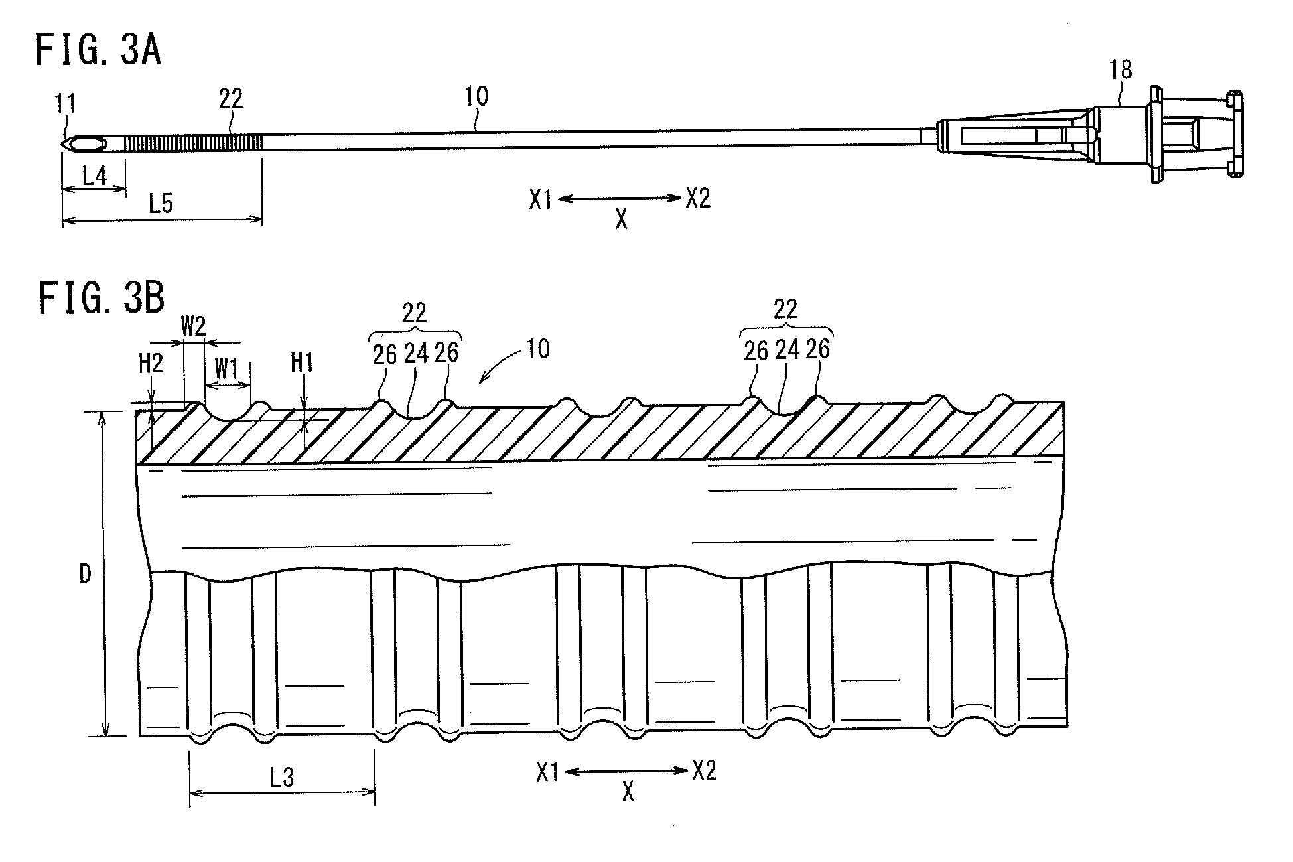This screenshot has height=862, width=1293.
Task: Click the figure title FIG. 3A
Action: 98,51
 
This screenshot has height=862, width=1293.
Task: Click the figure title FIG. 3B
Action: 101,297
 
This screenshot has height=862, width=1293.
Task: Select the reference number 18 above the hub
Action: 1120,70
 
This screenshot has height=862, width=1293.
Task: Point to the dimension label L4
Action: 94,176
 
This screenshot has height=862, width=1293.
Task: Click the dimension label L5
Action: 160,204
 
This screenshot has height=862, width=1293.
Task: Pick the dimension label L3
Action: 281,777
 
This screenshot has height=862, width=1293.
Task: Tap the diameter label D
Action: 85,574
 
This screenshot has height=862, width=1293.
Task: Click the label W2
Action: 194,326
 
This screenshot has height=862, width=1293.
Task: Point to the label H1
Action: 303,362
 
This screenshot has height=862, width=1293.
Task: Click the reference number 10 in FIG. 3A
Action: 476,96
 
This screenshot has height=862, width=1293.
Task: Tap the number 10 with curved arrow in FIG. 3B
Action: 537,349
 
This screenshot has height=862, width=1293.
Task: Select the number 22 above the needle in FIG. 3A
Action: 231,99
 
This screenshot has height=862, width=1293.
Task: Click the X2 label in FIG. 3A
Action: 698,198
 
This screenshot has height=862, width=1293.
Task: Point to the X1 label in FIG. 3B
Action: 548,772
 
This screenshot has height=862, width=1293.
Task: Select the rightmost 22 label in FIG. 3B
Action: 785,309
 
